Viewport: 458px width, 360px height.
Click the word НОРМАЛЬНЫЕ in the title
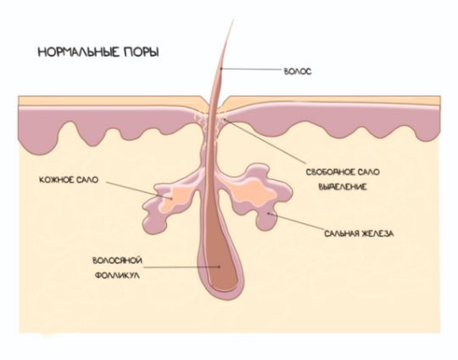click(x=79, y=53)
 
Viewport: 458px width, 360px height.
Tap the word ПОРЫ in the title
click(x=142, y=53)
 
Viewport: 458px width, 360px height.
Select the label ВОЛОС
click(x=298, y=71)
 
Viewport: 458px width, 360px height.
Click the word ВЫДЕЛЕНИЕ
click(x=343, y=187)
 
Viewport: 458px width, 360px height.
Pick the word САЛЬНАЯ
click(x=342, y=233)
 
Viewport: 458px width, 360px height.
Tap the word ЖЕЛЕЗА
click(x=377, y=233)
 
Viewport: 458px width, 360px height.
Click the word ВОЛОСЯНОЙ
click(x=117, y=261)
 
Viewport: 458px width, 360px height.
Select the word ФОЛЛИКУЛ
click(x=117, y=275)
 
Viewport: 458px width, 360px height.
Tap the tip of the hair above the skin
click(x=233, y=20)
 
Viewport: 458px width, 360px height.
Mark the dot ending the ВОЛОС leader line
click(x=221, y=69)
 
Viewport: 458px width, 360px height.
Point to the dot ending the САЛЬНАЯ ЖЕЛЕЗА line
click(x=268, y=213)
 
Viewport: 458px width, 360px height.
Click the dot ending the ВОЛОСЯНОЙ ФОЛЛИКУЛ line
click(x=219, y=267)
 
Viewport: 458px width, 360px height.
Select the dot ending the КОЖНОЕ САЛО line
click(x=171, y=198)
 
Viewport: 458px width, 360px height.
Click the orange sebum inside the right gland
click(x=254, y=192)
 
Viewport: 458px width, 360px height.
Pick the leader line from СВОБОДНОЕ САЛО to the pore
click(x=265, y=141)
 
